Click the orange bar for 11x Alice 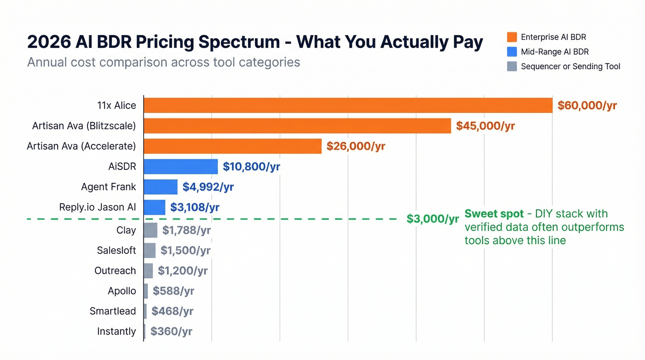point(348,106)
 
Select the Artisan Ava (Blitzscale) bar point(297,126)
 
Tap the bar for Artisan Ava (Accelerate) point(232,147)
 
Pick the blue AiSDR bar point(181,166)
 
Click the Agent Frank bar point(160,187)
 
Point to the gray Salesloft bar point(150,250)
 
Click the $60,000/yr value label point(587,106)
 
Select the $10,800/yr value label point(251,166)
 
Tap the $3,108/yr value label point(194,207)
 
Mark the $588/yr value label point(173,291)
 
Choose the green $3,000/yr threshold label point(433,219)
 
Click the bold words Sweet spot point(494,214)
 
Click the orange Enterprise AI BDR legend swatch point(511,37)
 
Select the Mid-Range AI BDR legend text point(555,52)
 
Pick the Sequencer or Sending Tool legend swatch point(511,66)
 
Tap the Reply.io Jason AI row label point(98,207)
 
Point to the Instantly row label point(117,331)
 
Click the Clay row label point(126,230)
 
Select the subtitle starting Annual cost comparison point(164,62)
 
